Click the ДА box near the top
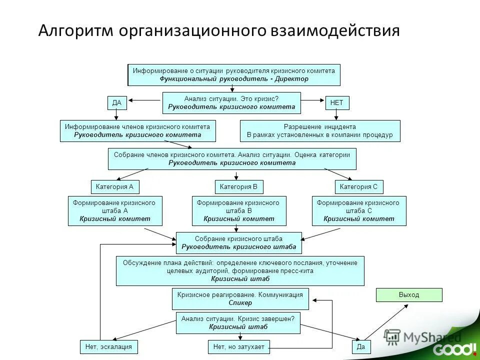point(117,103)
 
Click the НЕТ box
point(337,103)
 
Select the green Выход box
point(409,295)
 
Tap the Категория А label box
point(114,187)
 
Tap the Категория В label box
point(238,187)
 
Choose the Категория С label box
point(358,187)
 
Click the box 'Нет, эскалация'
point(108,346)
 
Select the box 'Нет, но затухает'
point(238,346)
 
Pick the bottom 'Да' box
point(358,346)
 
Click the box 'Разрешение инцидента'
point(320,131)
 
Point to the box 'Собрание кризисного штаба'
point(238,243)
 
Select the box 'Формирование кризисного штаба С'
point(358,210)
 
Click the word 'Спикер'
point(240,303)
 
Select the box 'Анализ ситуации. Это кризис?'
point(231,103)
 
